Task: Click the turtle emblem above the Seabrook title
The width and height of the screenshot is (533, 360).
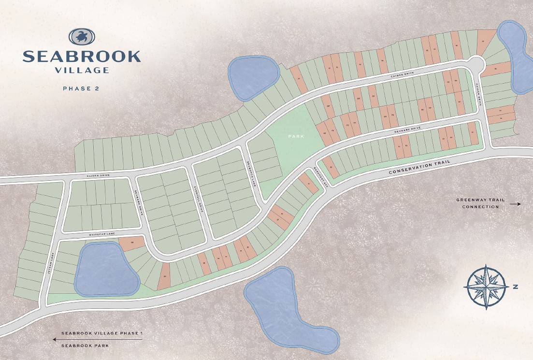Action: click(x=82, y=36)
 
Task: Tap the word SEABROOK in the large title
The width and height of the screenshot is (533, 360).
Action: click(x=82, y=56)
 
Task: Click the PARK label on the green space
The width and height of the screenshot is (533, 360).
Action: click(x=296, y=137)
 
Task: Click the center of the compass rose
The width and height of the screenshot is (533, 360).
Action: click(x=485, y=287)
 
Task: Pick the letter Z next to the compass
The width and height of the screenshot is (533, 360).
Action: click(x=516, y=287)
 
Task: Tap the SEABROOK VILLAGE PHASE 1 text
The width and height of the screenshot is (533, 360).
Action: click(x=102, y=333)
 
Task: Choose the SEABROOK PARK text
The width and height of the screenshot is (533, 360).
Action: click(x=85, y=346)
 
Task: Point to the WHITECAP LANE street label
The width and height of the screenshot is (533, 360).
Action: click(x=102, y=234)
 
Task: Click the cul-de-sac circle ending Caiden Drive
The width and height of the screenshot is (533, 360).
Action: click(x=476, y=64)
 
